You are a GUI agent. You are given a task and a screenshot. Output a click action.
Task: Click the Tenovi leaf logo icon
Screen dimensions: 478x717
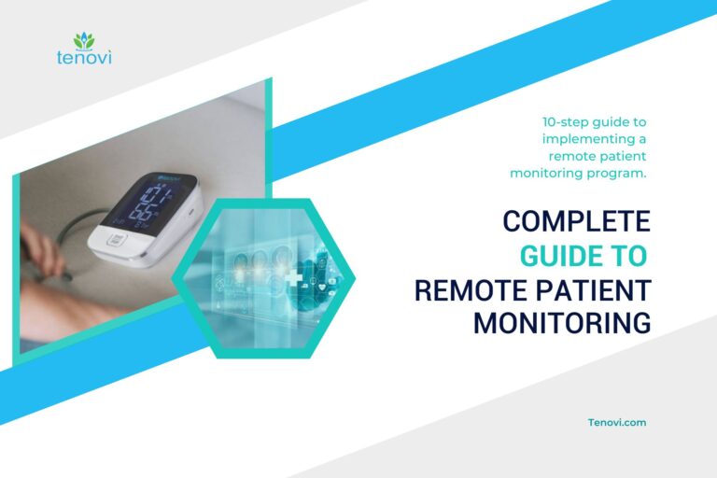[x=84, y=40]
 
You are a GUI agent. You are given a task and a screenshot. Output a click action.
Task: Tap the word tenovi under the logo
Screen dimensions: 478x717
[x=84, y=59]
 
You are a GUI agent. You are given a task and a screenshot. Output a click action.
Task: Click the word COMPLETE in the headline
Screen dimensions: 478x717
[x=576, y=221]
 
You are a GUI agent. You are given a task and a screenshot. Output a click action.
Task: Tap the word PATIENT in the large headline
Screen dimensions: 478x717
[x=587, y=289]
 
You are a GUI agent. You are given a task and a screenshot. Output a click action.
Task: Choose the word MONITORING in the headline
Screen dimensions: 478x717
[x=561, y=323]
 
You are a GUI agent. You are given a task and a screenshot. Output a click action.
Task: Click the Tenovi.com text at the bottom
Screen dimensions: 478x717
[x=617, y=422]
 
